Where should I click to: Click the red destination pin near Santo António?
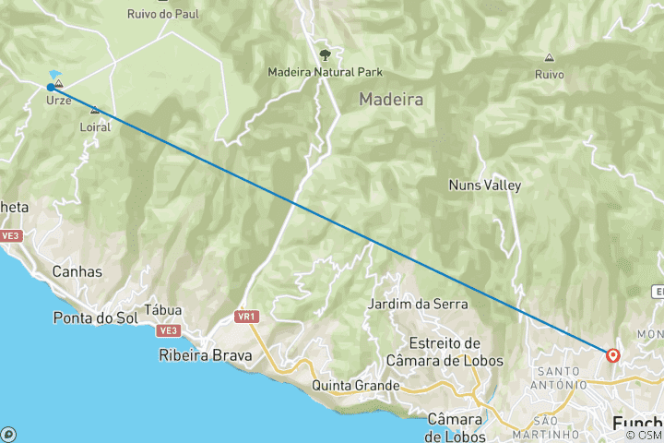[613, 354]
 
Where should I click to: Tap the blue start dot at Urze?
[51, 88]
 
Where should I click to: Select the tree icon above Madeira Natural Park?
[325, 55]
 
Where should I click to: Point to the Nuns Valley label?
[484, 185]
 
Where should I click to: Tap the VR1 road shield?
[245, 317]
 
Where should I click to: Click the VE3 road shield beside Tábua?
[167, 329]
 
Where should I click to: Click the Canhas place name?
[77, 272]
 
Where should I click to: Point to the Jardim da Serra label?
[417, 304]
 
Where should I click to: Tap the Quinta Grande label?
[356, 385]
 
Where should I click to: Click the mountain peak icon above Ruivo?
[550, 57]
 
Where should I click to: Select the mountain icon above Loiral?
[95, 112]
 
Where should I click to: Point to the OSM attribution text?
[645, 435]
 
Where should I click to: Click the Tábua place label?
[163, 311]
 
